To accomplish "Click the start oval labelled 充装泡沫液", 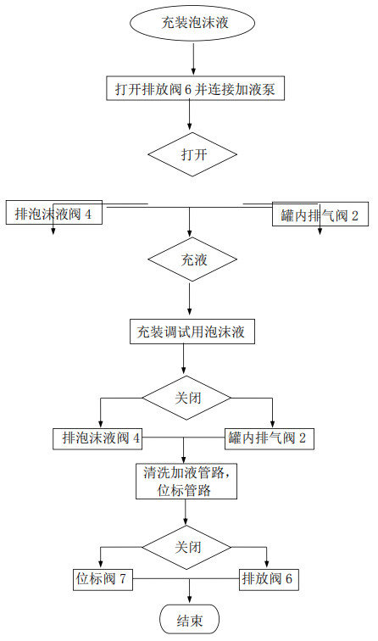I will click(195, 23).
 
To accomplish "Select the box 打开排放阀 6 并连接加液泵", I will click(194, 88).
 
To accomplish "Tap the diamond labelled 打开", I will click(194, 155).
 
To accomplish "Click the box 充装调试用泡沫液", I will click(192, 331).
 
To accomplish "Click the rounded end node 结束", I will click(189, 620).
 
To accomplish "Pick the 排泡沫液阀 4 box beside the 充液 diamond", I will click(53, 215).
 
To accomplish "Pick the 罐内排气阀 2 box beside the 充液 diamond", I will click(320, 215).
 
